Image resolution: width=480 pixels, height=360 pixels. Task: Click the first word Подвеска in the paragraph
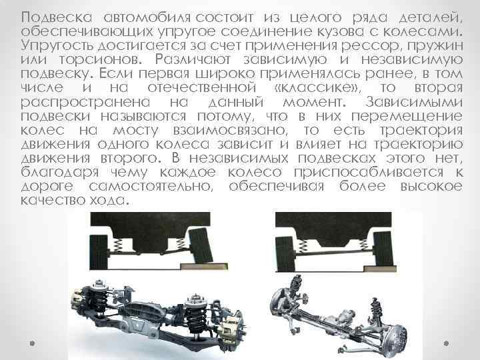coord(57,17)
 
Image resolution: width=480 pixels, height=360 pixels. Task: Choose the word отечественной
coord(202,88)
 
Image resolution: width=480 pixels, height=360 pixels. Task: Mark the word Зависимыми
coord(414,102)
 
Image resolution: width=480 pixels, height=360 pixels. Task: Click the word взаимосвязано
coord(231,131)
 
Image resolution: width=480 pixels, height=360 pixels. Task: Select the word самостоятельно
coord(151,187)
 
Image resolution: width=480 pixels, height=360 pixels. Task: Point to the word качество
coord(51,201)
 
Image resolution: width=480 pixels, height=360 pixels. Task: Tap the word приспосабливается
coord(369,173)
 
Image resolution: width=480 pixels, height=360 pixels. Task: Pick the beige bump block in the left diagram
coord(204,267)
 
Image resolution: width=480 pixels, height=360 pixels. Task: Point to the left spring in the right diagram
coord(303,245)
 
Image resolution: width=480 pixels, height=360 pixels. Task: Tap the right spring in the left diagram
coord(181,244)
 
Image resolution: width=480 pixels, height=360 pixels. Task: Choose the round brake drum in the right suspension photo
coord(395,339)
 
